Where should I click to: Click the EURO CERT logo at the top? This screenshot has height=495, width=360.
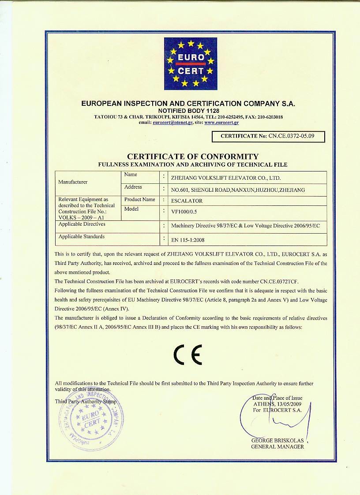click(x=191, y=63)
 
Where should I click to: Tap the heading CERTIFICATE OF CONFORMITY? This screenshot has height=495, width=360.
click(x=193, y=156)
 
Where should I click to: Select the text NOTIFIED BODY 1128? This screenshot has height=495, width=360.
click(x=188, y=110)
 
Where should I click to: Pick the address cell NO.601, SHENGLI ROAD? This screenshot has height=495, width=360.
click(x=238, y=190)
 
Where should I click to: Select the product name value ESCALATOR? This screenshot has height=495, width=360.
click(x=187, y=201)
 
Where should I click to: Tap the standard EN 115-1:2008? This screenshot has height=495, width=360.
click(x=187, y=240)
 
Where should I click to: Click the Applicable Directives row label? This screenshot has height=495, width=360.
click(x=82, y=224)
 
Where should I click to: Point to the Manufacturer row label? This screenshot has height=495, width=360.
click(x=73, y=182)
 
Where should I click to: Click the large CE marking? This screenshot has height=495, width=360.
click(x=187, y=354)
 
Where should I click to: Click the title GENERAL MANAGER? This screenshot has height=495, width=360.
click(x=277, y=447)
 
